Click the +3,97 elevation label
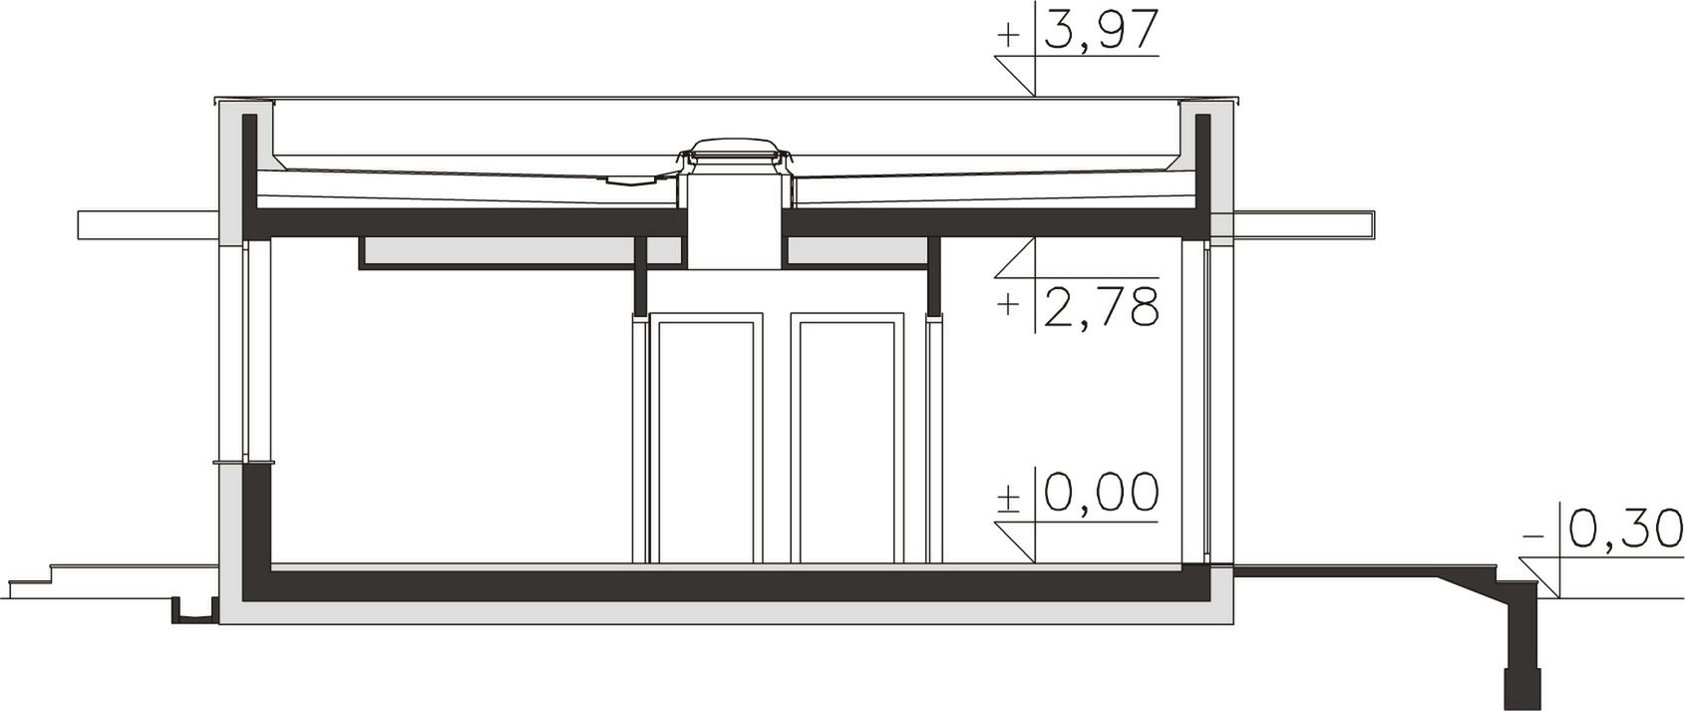tap(1078, 32)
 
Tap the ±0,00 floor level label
tap(1078, 493)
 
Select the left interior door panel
tap(706, 439)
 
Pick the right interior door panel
tap(847, 439)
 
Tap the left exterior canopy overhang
tap(149, 225)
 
